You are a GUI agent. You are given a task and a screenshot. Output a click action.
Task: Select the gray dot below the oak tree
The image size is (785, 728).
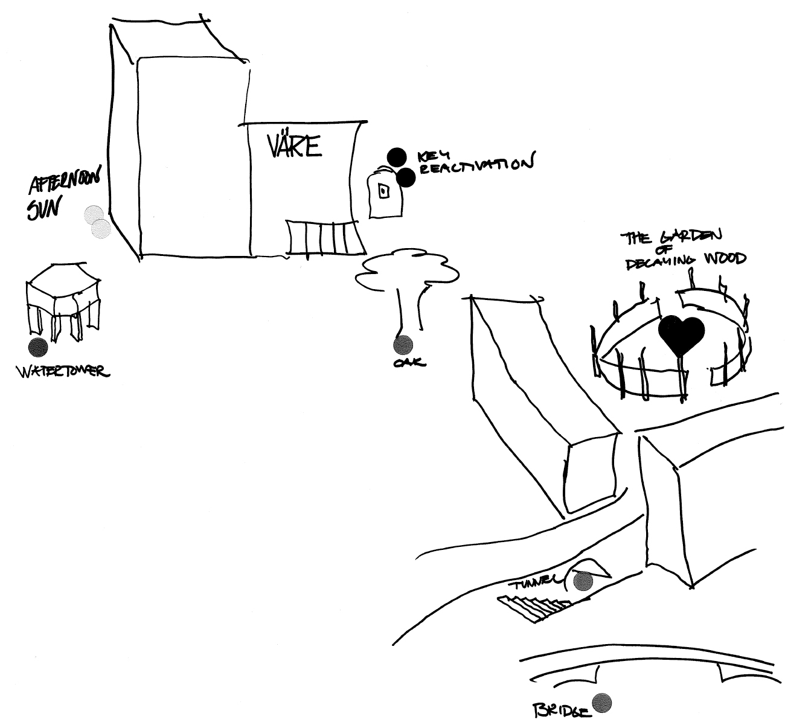pyautogui.click(x=403, y=345)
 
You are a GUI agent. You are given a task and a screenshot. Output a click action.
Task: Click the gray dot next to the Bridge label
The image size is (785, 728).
pyautogui.click(x=602, y=703)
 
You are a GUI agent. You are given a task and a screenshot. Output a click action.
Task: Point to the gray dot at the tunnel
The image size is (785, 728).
pyautogui.click(x=583, y=581)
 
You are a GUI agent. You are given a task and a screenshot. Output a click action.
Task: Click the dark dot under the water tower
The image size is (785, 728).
pyautogui.click(x=38, y=346)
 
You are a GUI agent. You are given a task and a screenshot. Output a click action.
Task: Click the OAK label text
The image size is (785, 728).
pyautogui.click(x=409, y=362)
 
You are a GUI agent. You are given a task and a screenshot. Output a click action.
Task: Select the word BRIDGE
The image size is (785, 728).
pyautogui.click(x=560, y=710)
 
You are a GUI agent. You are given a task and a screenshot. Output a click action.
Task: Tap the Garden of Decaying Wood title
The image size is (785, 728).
pyautogui.click(x=685, y=248)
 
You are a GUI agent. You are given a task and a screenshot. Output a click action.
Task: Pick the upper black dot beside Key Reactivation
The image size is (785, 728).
pyautogui.click(x=396, y=157)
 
